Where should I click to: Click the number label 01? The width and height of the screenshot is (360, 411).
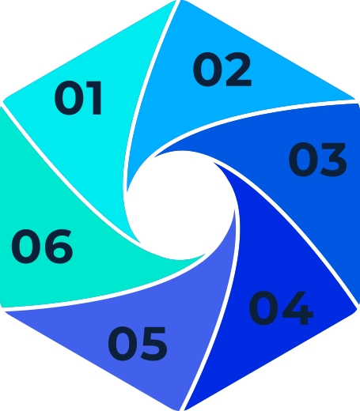click(78, 98)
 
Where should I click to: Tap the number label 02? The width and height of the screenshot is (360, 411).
click(222, 70)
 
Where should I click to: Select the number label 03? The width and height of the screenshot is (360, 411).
click(317, 160)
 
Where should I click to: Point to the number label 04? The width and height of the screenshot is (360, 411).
click(281, 308)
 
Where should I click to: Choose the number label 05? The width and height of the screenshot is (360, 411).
click(138, 344)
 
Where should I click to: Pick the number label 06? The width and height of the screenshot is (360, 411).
click(42, 247)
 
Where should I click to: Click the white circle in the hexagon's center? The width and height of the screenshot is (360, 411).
click(180, 205)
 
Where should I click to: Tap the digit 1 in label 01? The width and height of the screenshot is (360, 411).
click(94, 98)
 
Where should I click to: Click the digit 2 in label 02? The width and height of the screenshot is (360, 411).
click(237, 70)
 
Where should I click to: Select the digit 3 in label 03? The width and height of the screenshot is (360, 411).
click(333, 160)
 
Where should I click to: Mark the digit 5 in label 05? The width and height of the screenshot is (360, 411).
click(153, 344)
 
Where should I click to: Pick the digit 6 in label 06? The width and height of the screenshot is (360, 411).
click(59, 247)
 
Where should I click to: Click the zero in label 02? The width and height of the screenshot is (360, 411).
click(207, 70)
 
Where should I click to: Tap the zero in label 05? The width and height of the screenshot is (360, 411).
click(123, 344)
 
